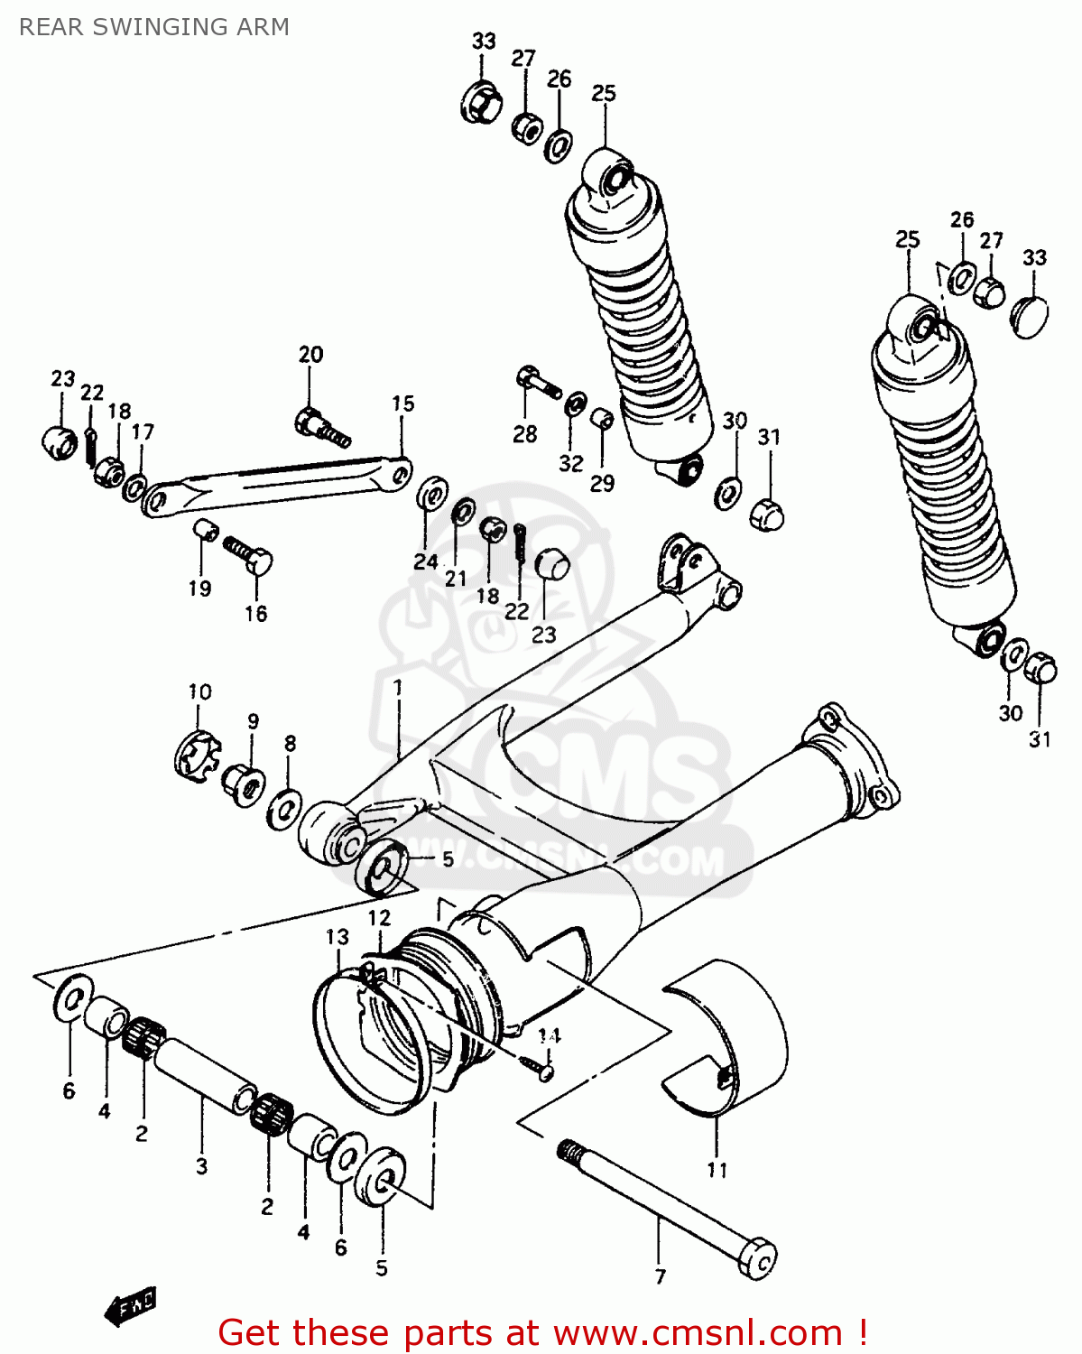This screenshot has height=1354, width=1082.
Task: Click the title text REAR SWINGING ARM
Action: [154, 27]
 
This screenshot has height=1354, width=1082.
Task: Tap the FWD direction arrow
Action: [131, 1305]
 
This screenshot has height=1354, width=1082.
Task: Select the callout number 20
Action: [310, 355]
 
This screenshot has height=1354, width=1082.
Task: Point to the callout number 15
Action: [402, 403]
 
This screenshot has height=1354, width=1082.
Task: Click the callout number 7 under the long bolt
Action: [661, 1276]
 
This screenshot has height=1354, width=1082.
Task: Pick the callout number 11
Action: [717, 1170]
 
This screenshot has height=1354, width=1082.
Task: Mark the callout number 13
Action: [337, 937]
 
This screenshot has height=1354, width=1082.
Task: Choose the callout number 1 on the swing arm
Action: [397, 689]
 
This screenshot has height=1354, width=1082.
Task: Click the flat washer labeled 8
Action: [284, 808]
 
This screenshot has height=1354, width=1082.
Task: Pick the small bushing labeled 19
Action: [205, 531]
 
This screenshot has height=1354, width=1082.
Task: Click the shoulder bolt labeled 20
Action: [321, 426]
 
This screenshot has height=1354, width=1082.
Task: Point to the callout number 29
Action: [602, 483]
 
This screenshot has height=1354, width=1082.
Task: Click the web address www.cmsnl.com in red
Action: [698, 1332]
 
